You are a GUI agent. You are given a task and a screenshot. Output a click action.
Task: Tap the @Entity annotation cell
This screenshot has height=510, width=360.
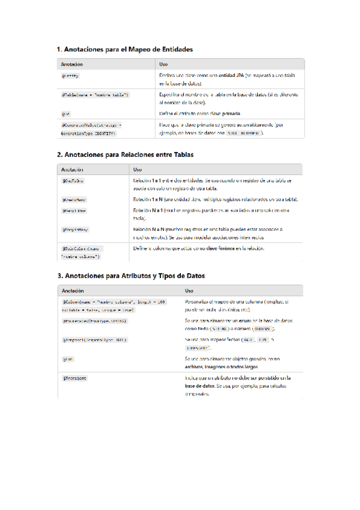pos(70,76)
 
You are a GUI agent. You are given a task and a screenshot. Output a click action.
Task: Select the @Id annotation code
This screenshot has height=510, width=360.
pos(65,113)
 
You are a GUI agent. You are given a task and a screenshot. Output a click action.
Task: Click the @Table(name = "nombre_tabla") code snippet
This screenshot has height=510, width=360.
pos(95,95)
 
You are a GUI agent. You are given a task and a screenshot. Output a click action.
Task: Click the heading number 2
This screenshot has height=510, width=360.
pos(59,155)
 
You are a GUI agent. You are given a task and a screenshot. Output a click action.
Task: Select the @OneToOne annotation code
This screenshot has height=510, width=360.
pos(73,180)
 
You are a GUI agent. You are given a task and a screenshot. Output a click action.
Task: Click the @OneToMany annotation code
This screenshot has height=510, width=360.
pos(74,199)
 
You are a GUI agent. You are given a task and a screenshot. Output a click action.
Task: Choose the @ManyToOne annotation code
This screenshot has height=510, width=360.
pos(74,211)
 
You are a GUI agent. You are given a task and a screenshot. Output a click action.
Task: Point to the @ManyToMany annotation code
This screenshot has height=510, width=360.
pos(75,230)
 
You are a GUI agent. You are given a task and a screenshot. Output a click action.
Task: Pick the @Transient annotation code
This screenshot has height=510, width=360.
pos(74,378)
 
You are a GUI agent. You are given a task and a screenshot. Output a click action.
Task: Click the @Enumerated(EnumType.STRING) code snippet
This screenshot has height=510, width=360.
pos(94,321)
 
